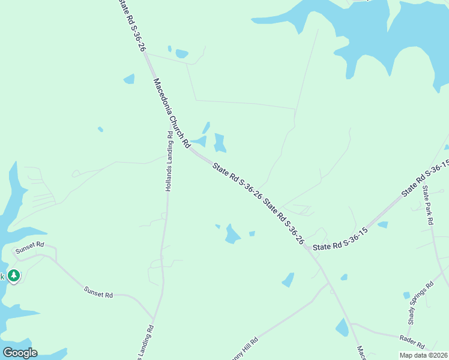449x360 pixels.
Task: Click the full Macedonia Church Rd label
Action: (172, 113)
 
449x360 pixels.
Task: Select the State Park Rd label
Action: (428, 205)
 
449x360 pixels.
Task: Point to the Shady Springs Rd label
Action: (421, 303)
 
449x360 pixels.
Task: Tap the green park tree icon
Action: (13, 275)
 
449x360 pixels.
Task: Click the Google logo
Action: (20, 353)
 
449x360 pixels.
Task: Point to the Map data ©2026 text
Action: (423, 355)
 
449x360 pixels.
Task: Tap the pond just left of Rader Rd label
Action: (342, 328)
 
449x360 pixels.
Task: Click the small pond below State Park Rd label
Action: (382, 225)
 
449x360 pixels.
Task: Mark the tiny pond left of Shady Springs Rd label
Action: (406, 295)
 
